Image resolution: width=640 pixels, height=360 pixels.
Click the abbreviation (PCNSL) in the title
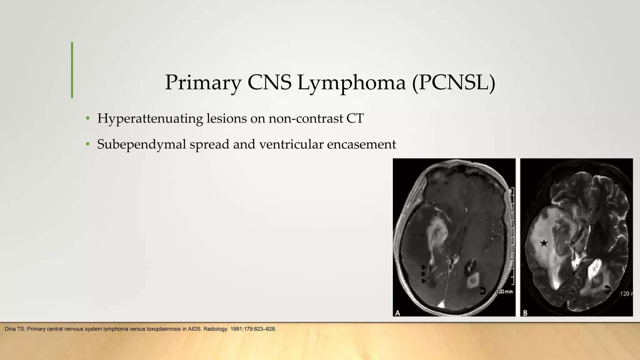coord(453,82)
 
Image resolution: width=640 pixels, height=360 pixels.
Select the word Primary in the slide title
coord(203,82)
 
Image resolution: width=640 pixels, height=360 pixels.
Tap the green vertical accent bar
coord(72,70)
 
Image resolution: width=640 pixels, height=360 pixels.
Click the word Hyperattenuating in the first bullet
coord(150,118)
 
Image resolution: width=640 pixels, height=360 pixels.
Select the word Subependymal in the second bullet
coord(142,144)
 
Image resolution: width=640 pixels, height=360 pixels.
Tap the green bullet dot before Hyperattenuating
coord(88,119)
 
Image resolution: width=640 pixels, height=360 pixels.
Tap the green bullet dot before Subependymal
coord(88,144)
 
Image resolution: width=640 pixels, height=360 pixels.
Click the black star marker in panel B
coord(544,243)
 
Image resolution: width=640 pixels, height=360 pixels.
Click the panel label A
coord(398,312)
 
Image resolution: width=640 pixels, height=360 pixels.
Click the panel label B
coord(525,312)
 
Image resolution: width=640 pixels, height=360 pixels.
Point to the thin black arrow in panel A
coord(416,234)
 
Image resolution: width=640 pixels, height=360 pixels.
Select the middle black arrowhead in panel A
coord(423,274)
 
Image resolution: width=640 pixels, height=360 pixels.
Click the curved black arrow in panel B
coord(607,289)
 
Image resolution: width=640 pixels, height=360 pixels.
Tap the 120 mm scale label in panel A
coord(505,292)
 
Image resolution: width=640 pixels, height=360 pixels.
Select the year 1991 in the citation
coord(236,329)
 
